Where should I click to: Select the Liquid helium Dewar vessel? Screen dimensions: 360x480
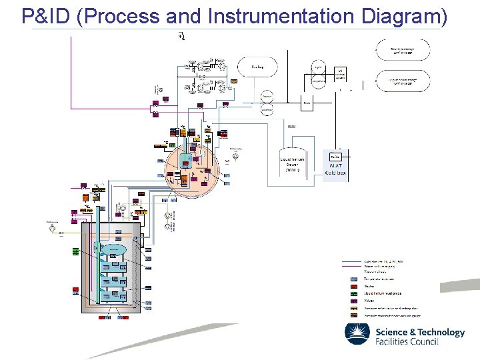pos(293,163)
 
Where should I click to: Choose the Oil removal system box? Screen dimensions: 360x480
pos(339,74)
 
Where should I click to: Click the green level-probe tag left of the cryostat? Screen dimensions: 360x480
pos(76,251)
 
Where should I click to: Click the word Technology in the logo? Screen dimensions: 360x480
pos(437,332)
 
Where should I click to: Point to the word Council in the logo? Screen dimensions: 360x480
pos(423,342)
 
